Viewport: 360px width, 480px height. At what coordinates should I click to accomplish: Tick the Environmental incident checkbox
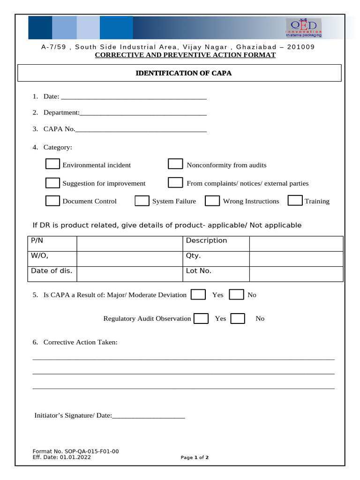click(x=52, y=164)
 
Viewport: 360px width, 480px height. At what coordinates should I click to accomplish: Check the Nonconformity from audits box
click(x=175, y=164)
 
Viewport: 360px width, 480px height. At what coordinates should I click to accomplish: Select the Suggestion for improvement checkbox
click(x=52, y=183)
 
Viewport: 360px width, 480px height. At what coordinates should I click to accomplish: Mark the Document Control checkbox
click(x=52, y=201)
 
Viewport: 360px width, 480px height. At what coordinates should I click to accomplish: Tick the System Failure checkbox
click(x=142, y=201)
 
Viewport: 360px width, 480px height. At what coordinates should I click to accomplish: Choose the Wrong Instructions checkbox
click(x=212, y=201)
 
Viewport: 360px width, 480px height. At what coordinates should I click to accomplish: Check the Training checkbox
click(x=295, y=201)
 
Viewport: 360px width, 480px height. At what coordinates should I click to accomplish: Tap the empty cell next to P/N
click(x=129, y=243)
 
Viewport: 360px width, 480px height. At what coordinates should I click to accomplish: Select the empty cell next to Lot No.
click(x=296, y=274)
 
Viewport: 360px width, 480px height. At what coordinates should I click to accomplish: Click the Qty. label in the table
click(x=194, y=256)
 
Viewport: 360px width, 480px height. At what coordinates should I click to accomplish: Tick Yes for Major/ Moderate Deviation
click(x=199, y=294)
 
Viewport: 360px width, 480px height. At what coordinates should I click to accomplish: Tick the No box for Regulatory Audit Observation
click(x=238, y=318)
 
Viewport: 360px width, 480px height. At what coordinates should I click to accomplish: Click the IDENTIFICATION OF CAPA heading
click(x=183, y=73)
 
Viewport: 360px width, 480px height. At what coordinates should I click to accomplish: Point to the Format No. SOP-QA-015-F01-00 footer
click(x=75, y=451)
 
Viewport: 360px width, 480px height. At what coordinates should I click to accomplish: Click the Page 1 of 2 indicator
click(x=195, y=457)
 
